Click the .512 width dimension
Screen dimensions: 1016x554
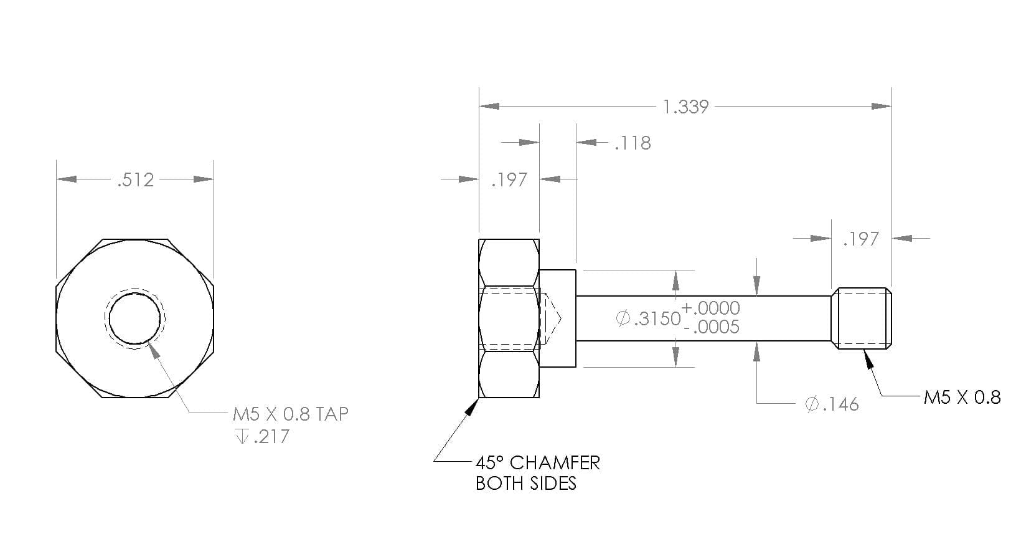(x=136, y=180)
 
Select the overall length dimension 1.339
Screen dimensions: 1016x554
(x=685, y=107)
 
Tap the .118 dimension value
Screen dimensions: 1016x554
(x=633, y=143)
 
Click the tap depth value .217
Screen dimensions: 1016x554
(x=271, y=437)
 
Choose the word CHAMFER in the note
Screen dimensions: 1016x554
(x=555, y=463)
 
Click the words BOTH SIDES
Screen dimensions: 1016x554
(x=525, y=484)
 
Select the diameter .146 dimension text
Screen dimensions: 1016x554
(x=832, y=404)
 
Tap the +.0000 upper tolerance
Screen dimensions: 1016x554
(x=710, y=308)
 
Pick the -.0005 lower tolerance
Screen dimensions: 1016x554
(x=711, y=327)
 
